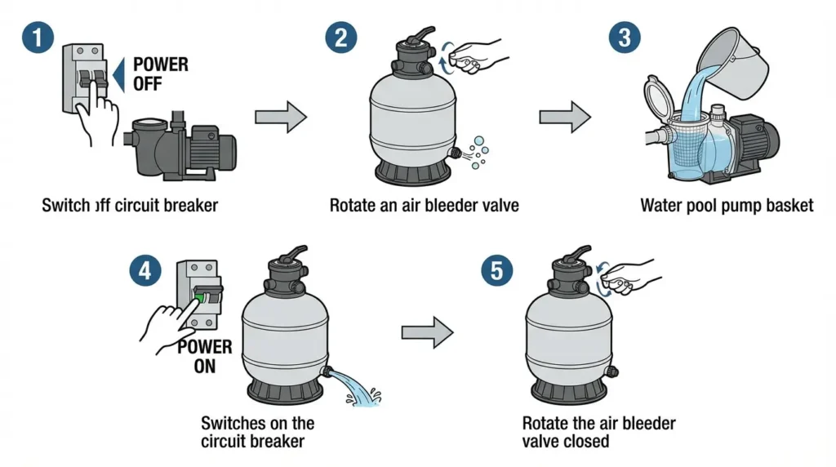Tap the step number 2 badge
pos(340,38)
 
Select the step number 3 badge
pos(625,38)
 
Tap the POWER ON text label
pos(204,356)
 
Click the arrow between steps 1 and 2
pos(280,118)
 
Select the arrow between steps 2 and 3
pos(564,118)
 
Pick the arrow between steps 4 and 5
pos(427,332)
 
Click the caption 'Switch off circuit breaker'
pos(130,205)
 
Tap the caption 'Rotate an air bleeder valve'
pos(425,205)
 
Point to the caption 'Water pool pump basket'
pos(727,205)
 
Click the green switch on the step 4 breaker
pos(199,298)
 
